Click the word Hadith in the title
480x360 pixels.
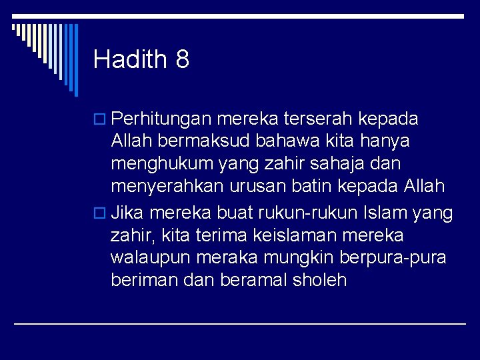(130, 59)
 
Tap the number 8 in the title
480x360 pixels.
(183, 59)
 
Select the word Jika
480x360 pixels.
(128, 213)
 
